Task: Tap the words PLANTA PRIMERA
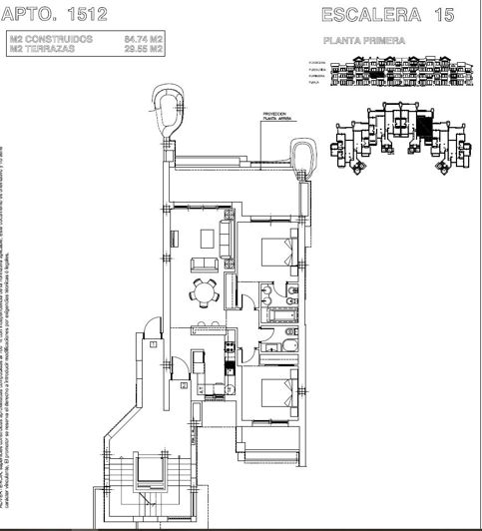[x=363, y=43]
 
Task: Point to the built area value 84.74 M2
[x=144, y=38]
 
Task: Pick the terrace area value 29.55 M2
[x=144, y=47]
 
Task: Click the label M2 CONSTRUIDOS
[x=52, y=38]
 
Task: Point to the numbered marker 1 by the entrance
[x=153, y=343]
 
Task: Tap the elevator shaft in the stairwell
[x=154, y=470]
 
